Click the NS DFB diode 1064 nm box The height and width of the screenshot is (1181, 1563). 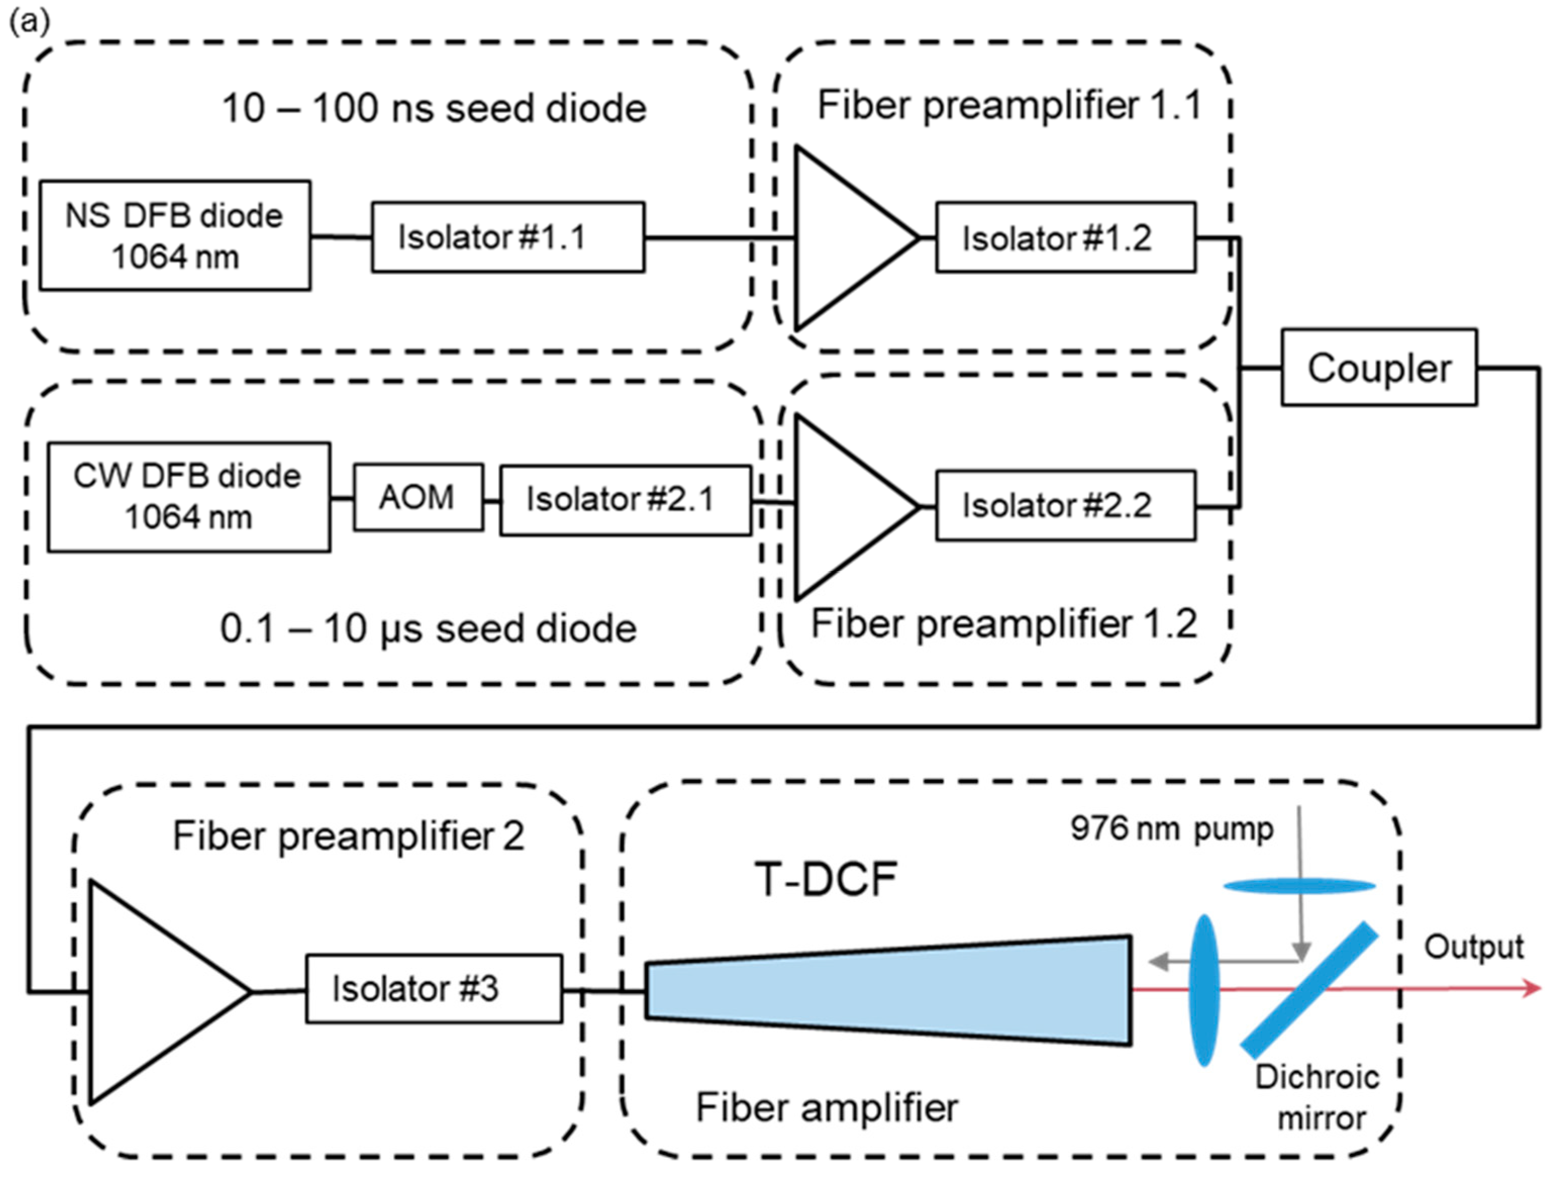[175, 235]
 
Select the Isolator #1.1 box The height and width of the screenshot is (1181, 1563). [508, 237]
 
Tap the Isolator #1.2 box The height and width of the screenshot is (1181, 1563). [1066, 237]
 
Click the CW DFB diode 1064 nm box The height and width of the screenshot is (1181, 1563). [189, 497]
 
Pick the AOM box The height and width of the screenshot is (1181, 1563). [418, 497]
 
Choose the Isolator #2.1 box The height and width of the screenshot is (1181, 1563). [625, 500]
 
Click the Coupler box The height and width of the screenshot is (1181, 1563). [1379, 368]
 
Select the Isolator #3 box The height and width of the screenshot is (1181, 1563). [434, 989]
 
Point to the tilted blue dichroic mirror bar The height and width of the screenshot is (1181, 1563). [1308, 990]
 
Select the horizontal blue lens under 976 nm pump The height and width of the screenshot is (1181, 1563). [1299, 885]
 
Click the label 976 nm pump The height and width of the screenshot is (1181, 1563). [1171, 828]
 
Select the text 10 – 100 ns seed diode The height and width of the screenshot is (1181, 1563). [434, 108]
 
